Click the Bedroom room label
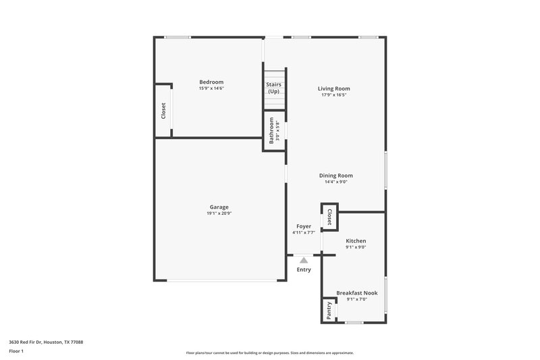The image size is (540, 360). tap(211, 82)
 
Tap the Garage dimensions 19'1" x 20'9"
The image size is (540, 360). tap(219, 213)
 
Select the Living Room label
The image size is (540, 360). tap(334, 88)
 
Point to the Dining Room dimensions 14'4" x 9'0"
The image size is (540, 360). tap(335, 182)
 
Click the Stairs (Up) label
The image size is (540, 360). tap(273, 88)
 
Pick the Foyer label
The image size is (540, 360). tap(304, 226)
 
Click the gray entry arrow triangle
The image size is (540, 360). tap(304, 260)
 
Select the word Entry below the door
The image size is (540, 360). tap(304, 270)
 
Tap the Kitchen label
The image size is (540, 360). tap(356, 241)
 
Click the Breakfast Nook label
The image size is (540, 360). tap(356, 293)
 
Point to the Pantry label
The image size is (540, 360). tap(329, 310)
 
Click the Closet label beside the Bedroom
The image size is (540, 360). tap(163, 111)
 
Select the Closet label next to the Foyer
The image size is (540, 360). tap(329, 217)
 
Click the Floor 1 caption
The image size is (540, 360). tap(16, 351)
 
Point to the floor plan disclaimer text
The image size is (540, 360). tap(269, 353)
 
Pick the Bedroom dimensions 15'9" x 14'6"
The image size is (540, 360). tap(211, 88)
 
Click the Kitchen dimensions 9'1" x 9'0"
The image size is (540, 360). tap(356, 247)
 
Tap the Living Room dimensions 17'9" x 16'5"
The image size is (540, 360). tap(334, 95)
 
